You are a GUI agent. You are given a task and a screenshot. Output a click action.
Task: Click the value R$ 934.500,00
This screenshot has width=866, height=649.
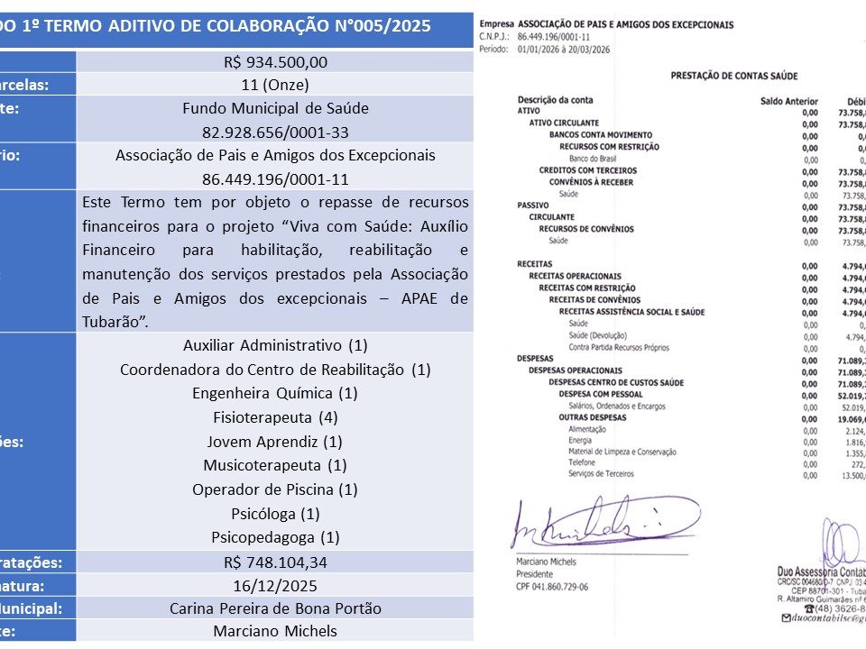(275, 61)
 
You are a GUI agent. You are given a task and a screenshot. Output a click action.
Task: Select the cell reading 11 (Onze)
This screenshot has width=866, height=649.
(275, 85)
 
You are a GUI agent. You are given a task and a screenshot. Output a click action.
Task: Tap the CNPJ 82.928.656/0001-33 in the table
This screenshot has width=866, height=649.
(275, 131)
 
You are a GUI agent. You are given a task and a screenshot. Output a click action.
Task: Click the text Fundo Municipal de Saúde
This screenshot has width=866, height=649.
(275, 108)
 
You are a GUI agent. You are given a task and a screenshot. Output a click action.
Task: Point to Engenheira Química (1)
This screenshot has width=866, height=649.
(275, 393)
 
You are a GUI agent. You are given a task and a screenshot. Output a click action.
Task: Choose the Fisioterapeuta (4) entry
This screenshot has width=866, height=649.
(275, 417)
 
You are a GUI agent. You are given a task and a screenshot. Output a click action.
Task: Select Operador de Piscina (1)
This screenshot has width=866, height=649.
(275, 489)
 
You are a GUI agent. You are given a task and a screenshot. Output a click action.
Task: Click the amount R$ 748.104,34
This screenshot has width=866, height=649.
(275, 562)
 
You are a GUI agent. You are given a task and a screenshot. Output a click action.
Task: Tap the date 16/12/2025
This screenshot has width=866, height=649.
(275, 585)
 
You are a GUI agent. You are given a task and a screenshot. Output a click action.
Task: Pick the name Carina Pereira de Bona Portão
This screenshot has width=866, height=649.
(275, 608)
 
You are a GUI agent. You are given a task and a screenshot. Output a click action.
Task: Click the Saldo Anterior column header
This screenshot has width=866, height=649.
(789, 100)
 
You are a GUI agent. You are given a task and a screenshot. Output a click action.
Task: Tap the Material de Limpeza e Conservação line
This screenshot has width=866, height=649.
(622, 452)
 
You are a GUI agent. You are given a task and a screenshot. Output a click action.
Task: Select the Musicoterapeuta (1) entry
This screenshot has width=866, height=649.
(275, 465)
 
